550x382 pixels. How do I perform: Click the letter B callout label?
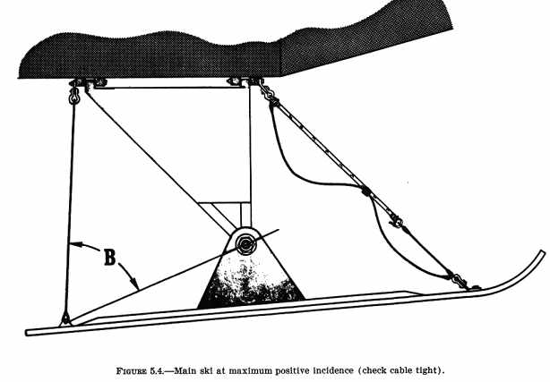click(108, 259)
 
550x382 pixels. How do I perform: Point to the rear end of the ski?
click(30, 331)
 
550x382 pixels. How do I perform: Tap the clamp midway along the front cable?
click(365, 190)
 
